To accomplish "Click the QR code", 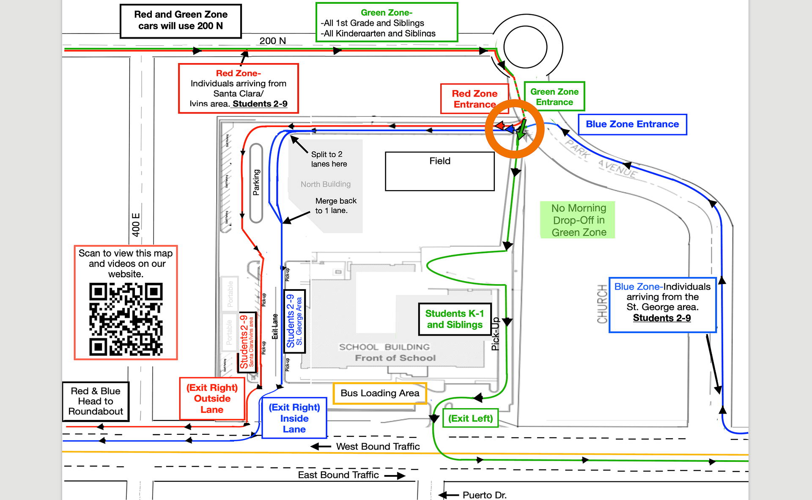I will click(126, 319).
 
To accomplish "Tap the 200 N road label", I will click(272, 41).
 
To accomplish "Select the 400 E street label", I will click(136, 225).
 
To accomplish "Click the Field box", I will click(439, 171).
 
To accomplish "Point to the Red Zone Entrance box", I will click(474, 99).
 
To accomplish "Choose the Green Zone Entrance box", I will click(554, 97).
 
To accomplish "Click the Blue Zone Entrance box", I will click(632, 124).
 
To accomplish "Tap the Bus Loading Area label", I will click(379, 393).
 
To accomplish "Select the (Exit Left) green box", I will click(470, 418).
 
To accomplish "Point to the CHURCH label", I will click(602, 304).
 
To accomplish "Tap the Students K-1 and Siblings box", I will click(455, 319).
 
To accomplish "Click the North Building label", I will click(325, 184).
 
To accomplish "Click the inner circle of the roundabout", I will click(525, 47).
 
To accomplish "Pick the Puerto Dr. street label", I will click(484, 494).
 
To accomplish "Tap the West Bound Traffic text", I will click(378, 446).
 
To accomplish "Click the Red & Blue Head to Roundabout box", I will click(96, 401).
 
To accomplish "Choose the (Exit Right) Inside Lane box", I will click(294, 418).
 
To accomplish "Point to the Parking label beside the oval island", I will click(256, 182).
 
